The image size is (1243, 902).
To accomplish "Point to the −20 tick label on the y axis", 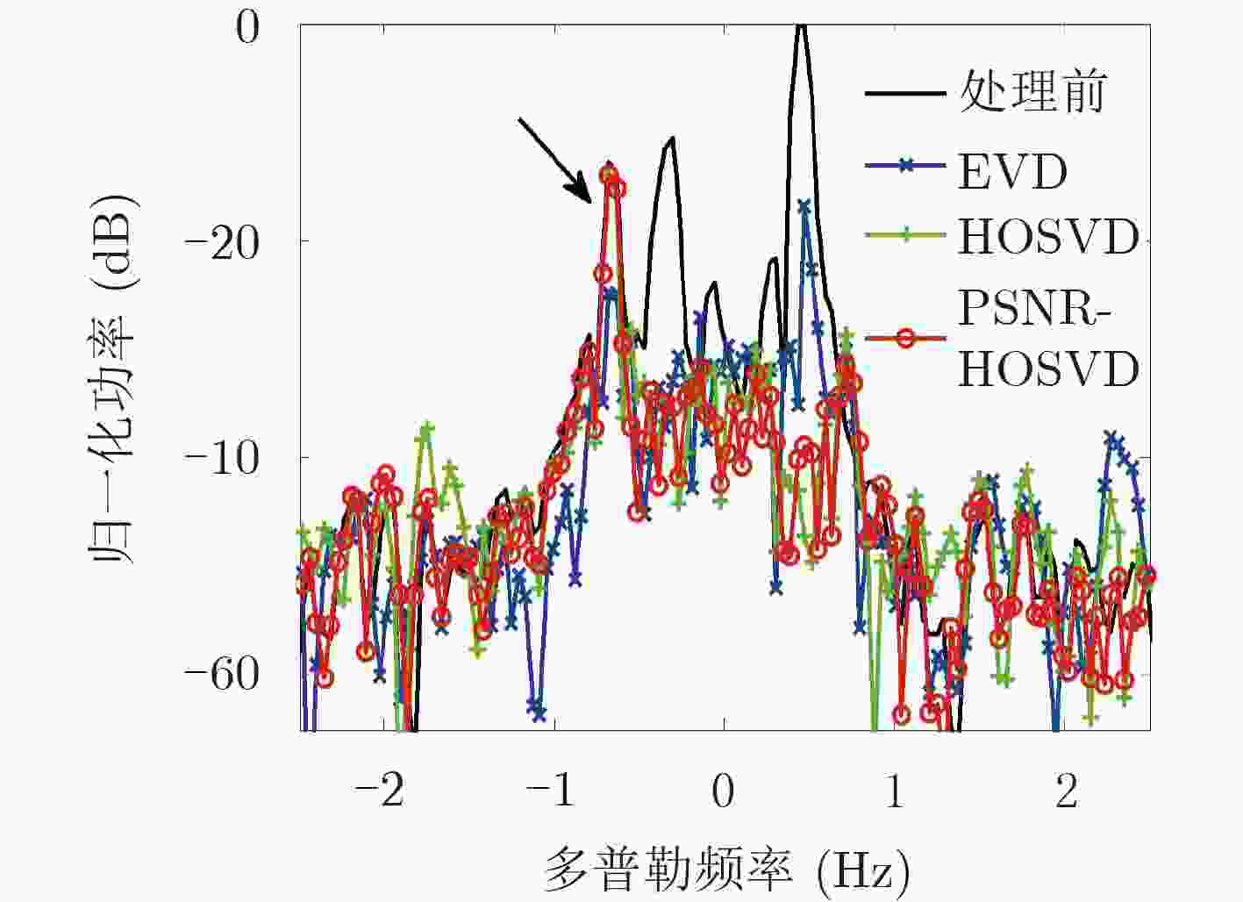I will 223,241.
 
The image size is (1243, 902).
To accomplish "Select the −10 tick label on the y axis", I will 223,458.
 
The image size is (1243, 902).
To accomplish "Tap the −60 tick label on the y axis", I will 223,674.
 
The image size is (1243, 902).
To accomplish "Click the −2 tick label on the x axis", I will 379,792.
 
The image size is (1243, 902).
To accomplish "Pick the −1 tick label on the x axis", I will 551,792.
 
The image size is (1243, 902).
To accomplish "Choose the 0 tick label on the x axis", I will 723,792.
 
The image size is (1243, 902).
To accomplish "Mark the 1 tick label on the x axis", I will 895,792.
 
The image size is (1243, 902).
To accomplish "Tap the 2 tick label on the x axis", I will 1066,792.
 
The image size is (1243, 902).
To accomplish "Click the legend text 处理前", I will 1032,91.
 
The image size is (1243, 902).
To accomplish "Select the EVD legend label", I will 1012,172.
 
